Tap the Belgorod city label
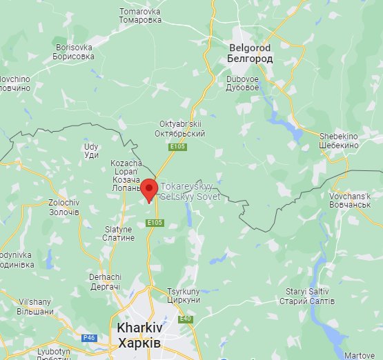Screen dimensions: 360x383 coord(249,53)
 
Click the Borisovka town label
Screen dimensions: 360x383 coord(74,52)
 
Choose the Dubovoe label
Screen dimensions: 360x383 coord(247,83)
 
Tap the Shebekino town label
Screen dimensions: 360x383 coord(339,141)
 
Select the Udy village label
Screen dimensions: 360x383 coord(91,151)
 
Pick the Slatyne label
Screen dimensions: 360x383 coord(119,233)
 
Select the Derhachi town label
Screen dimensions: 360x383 coord(105,281)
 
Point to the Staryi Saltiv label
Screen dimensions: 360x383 coord(307,297)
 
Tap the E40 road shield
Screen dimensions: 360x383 coord(185,319)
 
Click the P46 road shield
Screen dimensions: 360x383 coord(89,338)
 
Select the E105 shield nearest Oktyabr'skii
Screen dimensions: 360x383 coord(176,146)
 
